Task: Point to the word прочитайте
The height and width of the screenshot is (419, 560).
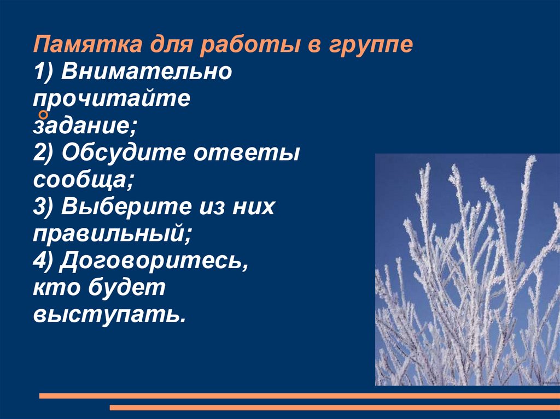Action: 112,99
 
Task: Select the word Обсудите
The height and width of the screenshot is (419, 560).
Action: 122,153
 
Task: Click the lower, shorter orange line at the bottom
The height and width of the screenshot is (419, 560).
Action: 334,408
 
